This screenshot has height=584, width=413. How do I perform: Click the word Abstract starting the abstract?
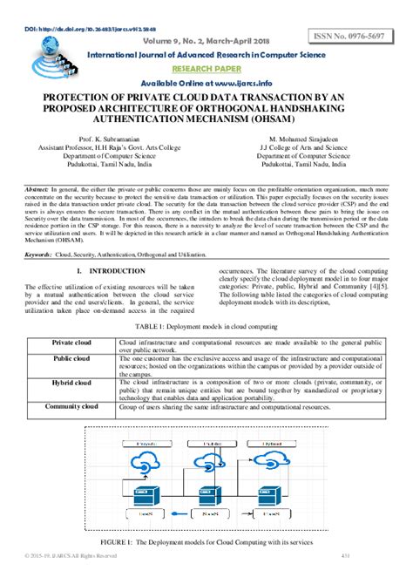click(x=37, y=189)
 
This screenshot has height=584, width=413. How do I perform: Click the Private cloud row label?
click(x=71, y=343)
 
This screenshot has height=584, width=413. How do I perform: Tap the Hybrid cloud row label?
click(x=71, y=383)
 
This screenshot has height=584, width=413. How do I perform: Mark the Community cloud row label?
click(x=71, y=407)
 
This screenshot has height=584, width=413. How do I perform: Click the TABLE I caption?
click(x=206, y=326)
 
